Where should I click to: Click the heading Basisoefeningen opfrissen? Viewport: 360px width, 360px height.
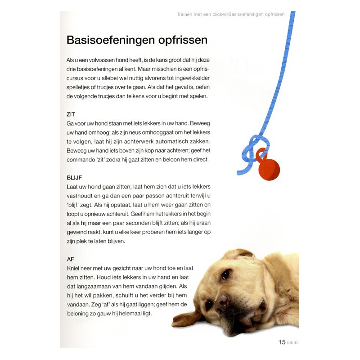137,40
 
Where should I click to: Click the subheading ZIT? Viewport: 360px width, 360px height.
71,114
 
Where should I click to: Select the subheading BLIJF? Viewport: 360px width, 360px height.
74,177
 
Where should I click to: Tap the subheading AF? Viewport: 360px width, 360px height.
70,259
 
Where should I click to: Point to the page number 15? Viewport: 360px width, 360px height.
282,342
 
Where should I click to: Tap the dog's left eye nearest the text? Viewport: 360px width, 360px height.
225,274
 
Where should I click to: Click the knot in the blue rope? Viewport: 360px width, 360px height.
254,148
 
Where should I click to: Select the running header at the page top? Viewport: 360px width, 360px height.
230,14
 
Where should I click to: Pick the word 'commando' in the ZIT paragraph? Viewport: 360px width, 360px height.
82,159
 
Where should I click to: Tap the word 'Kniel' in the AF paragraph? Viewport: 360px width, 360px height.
73,268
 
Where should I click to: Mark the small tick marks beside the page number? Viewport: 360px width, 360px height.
293,342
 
